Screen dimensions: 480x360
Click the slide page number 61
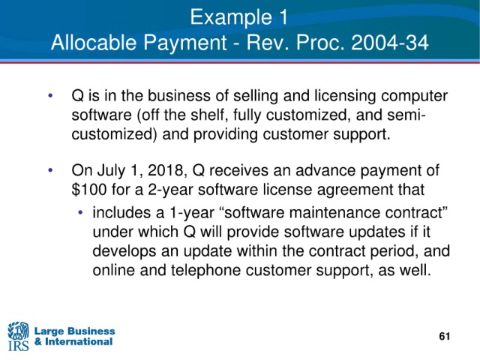click(x=445, y=336)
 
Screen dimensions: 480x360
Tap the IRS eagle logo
click(x=18, y=336)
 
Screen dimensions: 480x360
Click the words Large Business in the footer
click(x=75, y=331)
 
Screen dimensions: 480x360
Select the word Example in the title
click(x=231, y=16)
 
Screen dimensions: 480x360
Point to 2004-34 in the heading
click(x=390, y=42)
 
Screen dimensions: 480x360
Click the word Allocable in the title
click(x=93, y=42)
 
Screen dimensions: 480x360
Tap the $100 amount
click(x=89, y=190)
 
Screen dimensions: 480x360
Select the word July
click(x=112, y=171)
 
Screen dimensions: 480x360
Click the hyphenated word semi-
click(x=406, y=115)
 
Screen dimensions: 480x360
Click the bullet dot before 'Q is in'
click(x=51, y=95)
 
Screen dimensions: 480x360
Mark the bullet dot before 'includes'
click(x=80, y=212)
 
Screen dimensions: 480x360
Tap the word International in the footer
click(x=79, y=342)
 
